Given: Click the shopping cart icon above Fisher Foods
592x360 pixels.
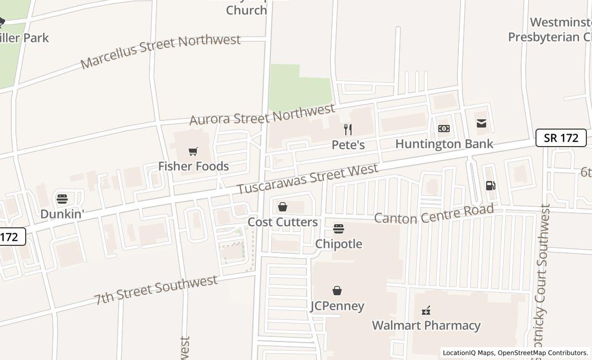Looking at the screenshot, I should [193, 151].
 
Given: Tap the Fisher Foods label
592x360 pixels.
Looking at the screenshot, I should [193, 166].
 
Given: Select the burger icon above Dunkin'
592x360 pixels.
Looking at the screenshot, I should [62, 199].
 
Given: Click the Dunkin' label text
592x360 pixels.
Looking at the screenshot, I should [62, 214].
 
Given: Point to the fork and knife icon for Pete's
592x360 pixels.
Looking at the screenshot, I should [348, 130].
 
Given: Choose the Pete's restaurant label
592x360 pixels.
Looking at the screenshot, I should [348, 145].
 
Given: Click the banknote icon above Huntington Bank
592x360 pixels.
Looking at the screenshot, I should [444, 129].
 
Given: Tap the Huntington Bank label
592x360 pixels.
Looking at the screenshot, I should [444, 143].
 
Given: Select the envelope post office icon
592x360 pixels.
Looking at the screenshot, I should [482, 123].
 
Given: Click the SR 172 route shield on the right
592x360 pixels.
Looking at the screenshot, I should [561, 138].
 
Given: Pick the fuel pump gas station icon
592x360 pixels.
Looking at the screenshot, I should [490, 186].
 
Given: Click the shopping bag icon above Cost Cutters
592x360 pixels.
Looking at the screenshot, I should [283, 207].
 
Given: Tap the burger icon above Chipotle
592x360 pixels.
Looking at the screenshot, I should [339, 229].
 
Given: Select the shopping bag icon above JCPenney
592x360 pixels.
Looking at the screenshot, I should [337, 291].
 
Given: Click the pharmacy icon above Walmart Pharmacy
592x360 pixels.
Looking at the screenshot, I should [426, 311].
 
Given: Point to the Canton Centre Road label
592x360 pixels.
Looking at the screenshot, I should [434, 213].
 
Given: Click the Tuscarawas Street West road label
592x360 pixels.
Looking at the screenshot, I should [308, 178].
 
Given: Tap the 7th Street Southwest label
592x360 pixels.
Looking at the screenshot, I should [156, 289].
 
